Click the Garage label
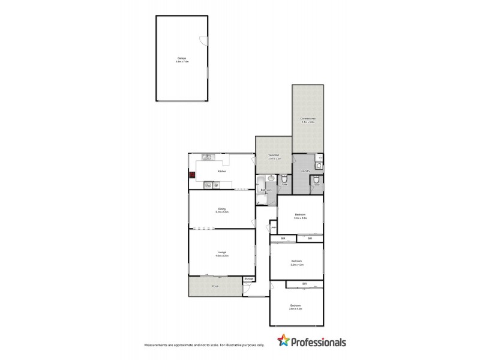click(x=182, y=58)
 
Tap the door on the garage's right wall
click(x=203, y=41)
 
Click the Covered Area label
click(x=308, y=118)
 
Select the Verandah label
click(x=274, y=155)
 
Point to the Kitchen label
click(x=222, y=172)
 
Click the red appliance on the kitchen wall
click(x=192, y=176)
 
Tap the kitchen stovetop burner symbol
click(x=217, y=185)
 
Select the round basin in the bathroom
click(x=271, y=178)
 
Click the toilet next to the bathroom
click(x=285, y=178)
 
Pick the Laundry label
click(x=305, y=171)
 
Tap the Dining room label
click(x=222, y=209)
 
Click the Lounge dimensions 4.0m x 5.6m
click(x=222, y=256)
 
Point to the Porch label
click(x=215, y=286)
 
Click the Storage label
click(x=249, y=279)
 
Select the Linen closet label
click(x=273, y=227)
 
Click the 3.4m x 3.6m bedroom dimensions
click(x=301, y=218)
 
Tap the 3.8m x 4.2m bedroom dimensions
click(x=296, y=308)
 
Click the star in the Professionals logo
click(x=284, y=342)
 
